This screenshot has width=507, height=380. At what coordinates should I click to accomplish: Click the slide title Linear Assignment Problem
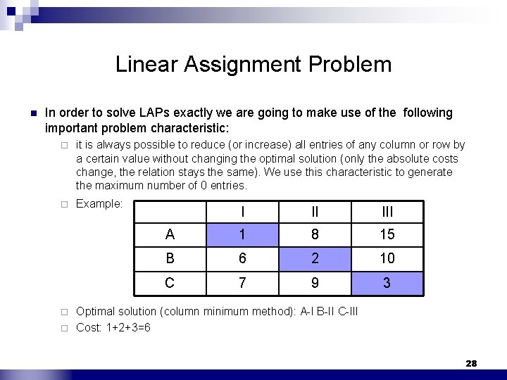[254, 65]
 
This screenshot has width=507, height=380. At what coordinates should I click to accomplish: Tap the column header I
[242, 211]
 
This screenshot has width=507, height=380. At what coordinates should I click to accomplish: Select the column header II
[315, 211]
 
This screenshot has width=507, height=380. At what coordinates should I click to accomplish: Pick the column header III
[387, 211]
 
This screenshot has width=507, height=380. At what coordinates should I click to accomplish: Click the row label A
[170, 234]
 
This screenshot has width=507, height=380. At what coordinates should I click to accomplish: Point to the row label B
[170, 258]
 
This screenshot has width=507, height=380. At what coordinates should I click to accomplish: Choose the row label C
[170, 283]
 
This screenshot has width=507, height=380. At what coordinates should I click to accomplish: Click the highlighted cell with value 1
[242, 234]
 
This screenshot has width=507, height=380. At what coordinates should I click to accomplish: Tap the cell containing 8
[315, 234]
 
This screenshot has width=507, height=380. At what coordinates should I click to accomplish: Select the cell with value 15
[387, 234]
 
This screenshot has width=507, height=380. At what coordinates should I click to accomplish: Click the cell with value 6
[242, 258]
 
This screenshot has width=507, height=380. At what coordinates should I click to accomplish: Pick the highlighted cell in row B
[315, 258]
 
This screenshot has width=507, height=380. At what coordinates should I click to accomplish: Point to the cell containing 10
[387, 258]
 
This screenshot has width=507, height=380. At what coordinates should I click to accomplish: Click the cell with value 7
[242, 283]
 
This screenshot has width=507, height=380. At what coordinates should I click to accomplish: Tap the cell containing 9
[315, 283]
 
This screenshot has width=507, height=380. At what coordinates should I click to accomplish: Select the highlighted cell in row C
[387, 283]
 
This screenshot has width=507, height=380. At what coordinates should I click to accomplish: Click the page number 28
[471, 363]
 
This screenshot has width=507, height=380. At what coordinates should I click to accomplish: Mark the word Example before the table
[99, 204]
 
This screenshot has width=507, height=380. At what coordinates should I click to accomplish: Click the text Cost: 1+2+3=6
[113, 327]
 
